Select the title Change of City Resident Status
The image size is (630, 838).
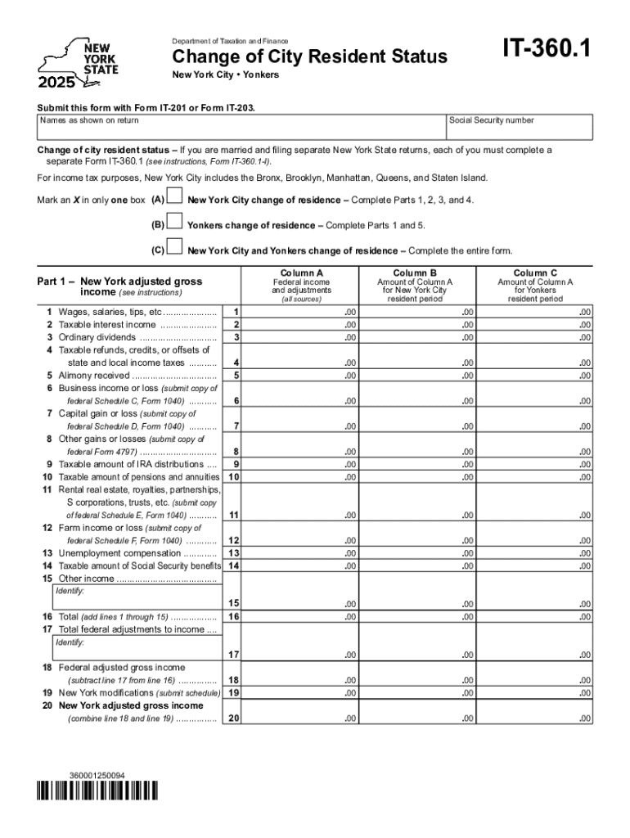click(309, 56)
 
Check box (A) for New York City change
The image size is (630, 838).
click(174, 200)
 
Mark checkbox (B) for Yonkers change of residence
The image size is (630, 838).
click(174, 223)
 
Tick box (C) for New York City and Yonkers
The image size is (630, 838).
click(174, 249)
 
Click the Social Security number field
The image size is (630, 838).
click(519, 128)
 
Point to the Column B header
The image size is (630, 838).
click(414, 273)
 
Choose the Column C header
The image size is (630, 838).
click(535, 273)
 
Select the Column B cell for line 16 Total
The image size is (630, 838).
click(414, 616)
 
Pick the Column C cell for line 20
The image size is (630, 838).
click(535, 718)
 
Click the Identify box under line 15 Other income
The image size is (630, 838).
click(137, 597)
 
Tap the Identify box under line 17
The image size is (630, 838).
click(137, 648)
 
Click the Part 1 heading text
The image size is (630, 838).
click(119, 286)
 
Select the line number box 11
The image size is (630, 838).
click(234, 515)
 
